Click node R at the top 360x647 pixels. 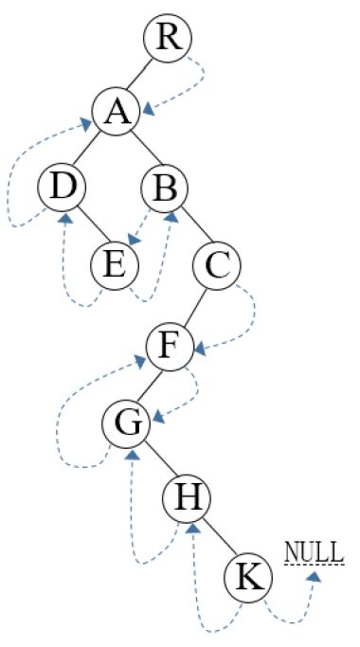point(168,39)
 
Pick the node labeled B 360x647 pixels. point(167,189)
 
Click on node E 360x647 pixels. point(115,265)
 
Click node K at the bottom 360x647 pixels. point(247,575)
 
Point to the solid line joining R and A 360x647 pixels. point(143,75)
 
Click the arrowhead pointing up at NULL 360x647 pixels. point(313,573)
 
